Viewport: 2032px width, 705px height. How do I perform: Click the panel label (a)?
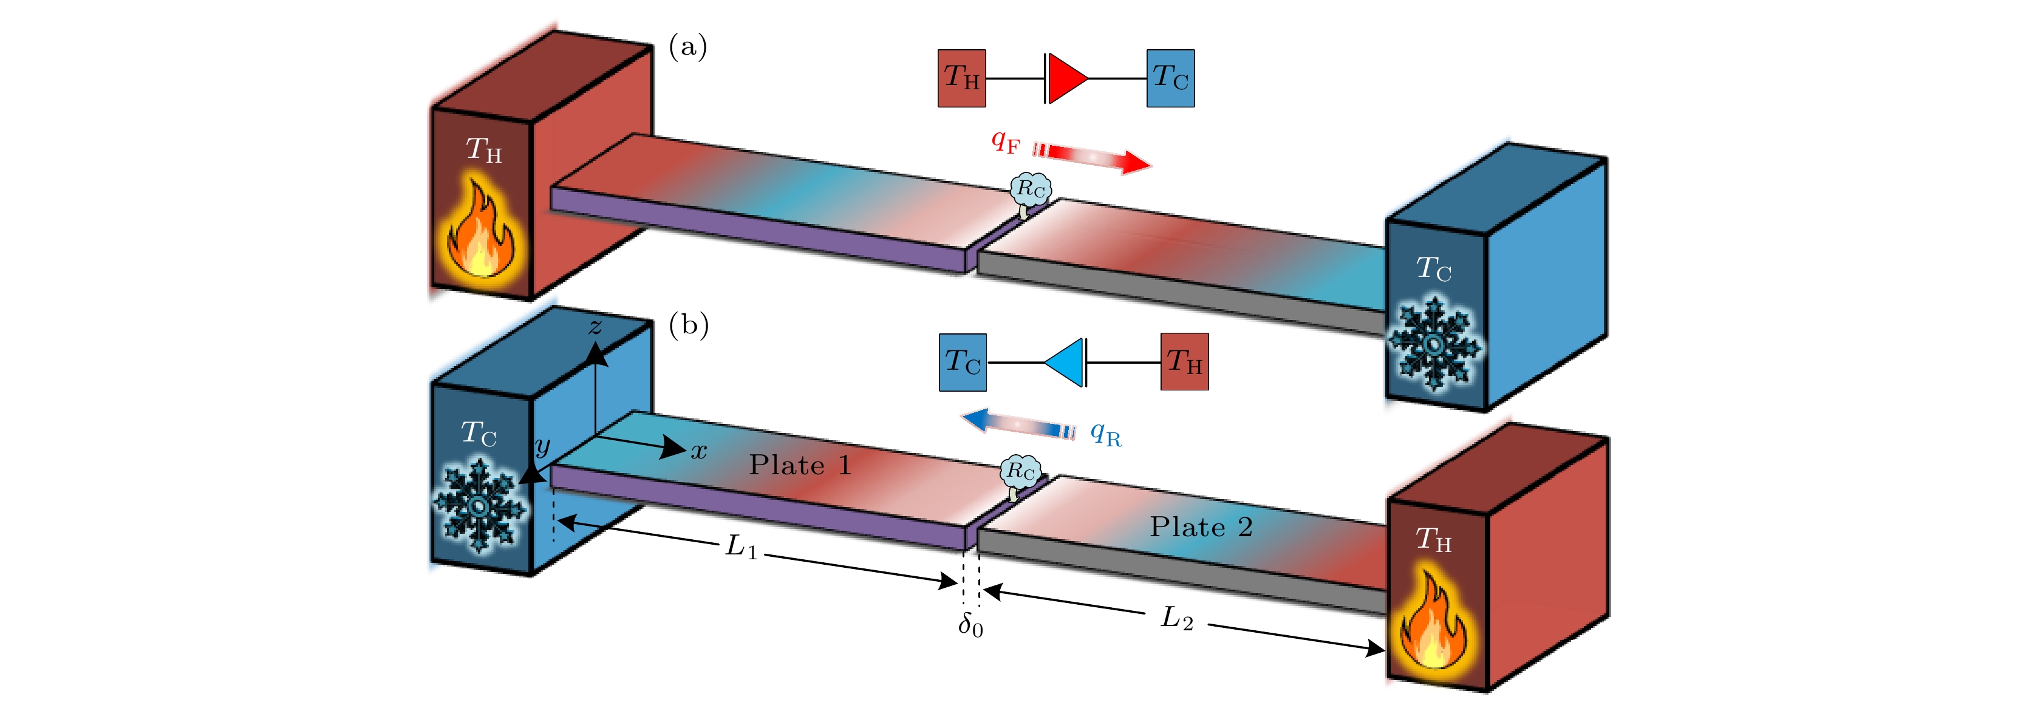(688, 47)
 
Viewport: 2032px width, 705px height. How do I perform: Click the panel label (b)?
(689, 325)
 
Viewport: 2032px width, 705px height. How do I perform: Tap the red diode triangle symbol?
(1067, 78)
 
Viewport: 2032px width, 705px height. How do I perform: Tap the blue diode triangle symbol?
(1065, 363)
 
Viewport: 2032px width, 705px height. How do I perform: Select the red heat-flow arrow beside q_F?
(1093, 158)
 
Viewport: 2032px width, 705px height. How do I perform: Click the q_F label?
(1006, 142)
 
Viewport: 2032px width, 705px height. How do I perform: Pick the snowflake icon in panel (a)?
(1434, 344)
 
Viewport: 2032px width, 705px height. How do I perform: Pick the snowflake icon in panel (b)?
(479, 505)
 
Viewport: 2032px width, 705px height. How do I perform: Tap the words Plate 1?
(800, 465)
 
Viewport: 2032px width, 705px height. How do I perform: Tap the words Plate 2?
(1201, 527)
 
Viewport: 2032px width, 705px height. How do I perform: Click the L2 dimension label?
(1176, 618)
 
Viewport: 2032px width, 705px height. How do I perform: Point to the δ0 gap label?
(970, 626)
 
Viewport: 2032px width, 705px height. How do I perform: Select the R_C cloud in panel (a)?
(1030, 189)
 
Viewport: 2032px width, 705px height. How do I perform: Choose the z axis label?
(596, 327)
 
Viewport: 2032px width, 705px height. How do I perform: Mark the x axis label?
(699, 452)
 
